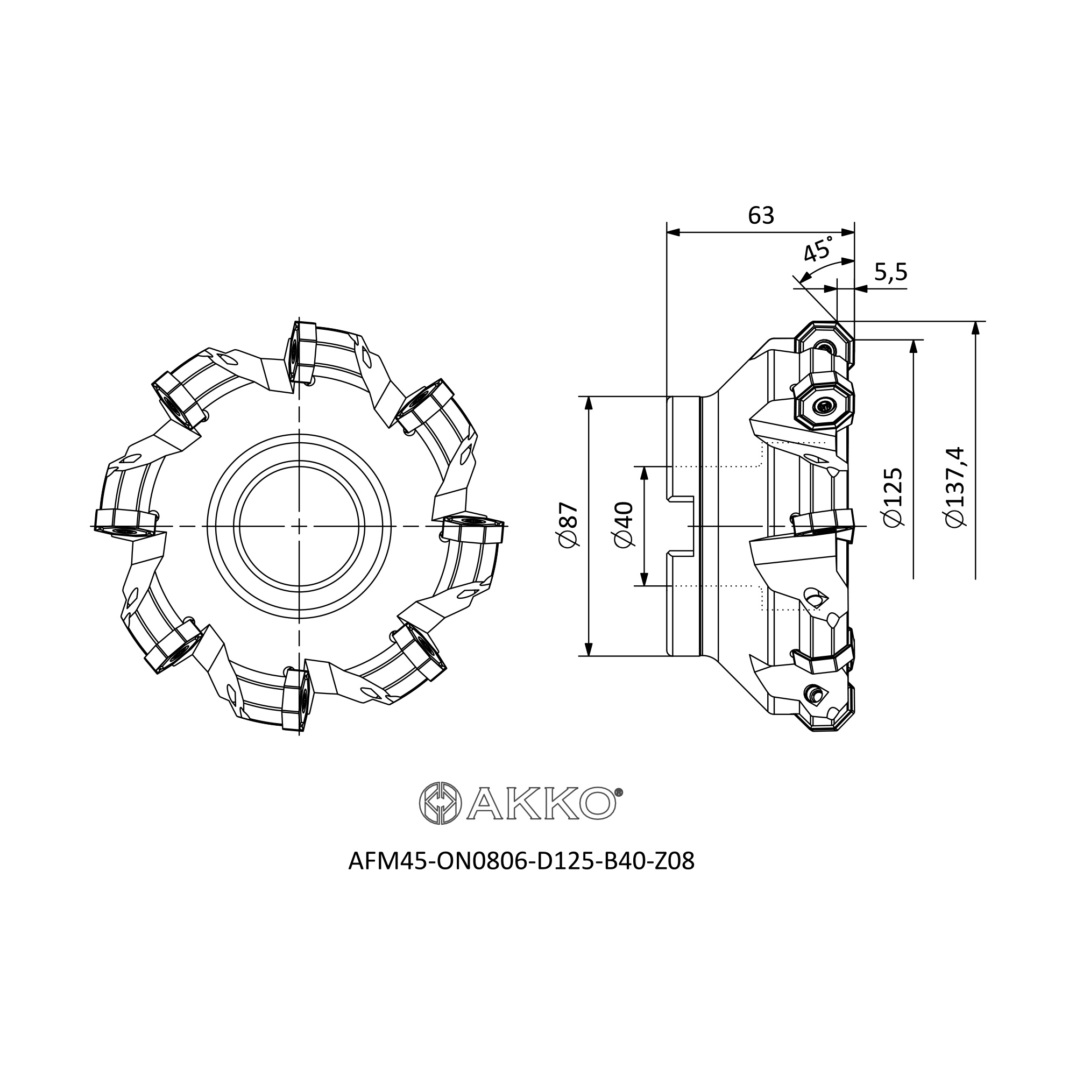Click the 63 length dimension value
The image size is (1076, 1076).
point(761,216)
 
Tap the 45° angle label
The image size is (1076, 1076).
point(819,249)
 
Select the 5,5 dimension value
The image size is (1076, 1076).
point(890,272)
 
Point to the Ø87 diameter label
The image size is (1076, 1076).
point(570,525)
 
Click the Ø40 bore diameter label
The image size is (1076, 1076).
point(624,525)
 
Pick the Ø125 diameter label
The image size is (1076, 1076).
point(893,496)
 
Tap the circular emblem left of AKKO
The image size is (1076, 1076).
point(440,803)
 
